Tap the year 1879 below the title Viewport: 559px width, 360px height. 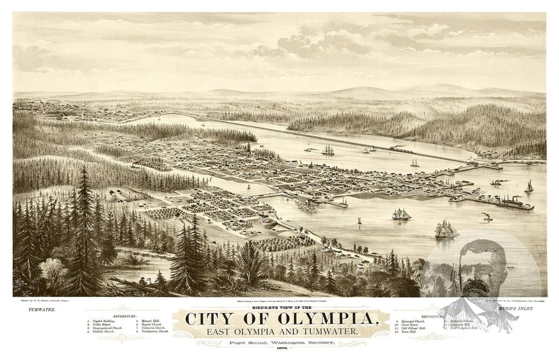(279, 350)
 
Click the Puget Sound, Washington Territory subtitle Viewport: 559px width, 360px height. (279, 343)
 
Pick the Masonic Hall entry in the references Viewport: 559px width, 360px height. (149, 321)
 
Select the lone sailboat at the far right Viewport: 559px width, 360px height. (529, 187)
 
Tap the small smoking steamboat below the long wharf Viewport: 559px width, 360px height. (486, 217)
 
